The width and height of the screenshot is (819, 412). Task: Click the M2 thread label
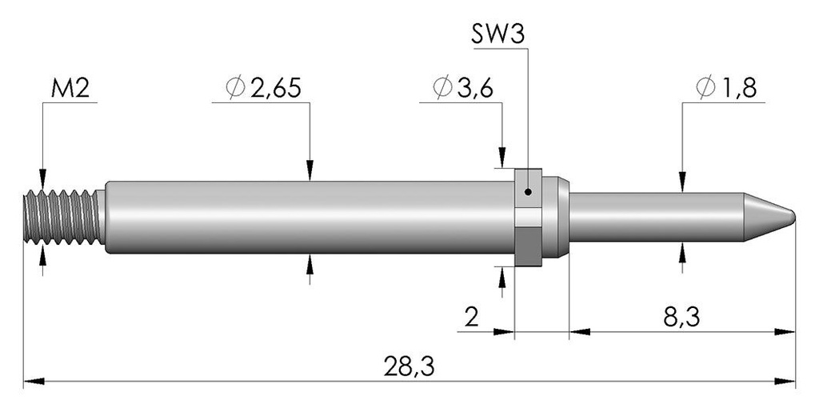coord(70,89)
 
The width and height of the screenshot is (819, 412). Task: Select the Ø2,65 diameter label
coord(263,89)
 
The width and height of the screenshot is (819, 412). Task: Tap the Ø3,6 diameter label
coord(463,89)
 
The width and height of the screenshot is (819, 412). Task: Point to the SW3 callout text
coord(497,35)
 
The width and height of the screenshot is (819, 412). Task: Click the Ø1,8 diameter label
coord(726,89)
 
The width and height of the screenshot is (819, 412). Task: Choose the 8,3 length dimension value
coord(681,317)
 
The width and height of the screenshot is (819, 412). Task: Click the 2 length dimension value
coord(471,317)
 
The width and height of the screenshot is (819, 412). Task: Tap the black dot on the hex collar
coord(528,192)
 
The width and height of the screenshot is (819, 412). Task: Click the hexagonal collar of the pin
coord(528,217)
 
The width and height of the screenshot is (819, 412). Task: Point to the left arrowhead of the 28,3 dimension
coord(34,381)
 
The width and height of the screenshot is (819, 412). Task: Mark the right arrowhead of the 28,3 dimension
coord(785,381)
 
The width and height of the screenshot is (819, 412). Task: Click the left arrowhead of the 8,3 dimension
coord(580,331)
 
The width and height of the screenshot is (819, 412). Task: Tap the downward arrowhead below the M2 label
coord(42,179)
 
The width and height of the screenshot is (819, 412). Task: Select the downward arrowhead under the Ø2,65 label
coord(310,170)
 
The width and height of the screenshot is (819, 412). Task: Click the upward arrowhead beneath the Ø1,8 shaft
coord(682,252)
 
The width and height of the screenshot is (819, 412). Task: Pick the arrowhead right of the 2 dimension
coord(504,331)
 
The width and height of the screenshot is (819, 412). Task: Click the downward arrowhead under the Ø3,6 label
coord(502,158)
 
